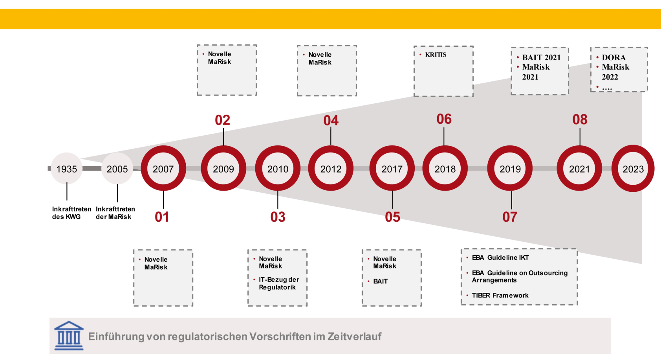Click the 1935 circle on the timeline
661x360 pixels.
(x=66, y=168)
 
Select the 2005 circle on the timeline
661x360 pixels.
(x=117, y=168)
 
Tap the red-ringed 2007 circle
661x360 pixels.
(x=163, y=168)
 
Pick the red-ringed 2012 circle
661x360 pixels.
(x=331, y=168)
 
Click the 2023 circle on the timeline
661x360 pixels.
(x=633, y=168)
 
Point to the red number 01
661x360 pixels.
(x=162, y=217)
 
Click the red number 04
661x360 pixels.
(x=331, y=121)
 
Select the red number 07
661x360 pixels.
(x=510, y=217)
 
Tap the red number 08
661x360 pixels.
(x=580, y=119)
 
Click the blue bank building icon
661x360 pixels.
(x=69, y=336)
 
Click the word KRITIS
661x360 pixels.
(x=436, y=55)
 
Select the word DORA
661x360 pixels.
(x=614, y=57)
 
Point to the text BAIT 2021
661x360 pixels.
(x=541, y=57)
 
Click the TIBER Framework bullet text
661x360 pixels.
(x=500, y=295)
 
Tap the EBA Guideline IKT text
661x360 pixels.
(x=500, y=257)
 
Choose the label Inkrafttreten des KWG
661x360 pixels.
(x=71, y=213)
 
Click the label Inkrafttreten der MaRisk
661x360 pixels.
(x=115, y=213)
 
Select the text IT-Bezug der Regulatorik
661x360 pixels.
(x=279, y=283)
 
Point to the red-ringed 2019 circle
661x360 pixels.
(x=510, y=168)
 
